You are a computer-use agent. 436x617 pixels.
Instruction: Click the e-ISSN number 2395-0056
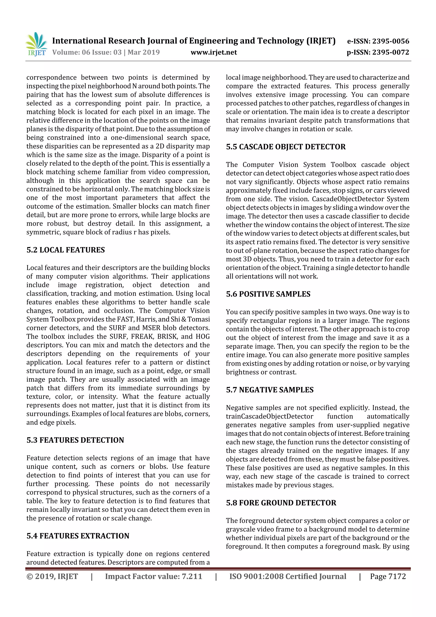(x=390, y=41)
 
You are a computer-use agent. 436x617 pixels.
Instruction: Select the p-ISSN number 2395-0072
(x=390, y=52)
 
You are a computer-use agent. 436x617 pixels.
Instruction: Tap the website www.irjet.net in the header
(x=214, y=52)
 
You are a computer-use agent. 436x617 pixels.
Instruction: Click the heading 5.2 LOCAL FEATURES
(x=66, y=250)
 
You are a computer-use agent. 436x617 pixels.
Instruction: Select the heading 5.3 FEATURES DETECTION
(x=75, y=440)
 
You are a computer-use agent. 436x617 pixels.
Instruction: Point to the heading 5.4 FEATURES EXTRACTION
(x=78, y=536)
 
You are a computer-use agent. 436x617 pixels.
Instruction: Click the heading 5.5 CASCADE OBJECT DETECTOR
(x=285, y=147)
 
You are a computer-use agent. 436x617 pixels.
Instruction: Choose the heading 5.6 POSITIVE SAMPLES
(x=268, y=294)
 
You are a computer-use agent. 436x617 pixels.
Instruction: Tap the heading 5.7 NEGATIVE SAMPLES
(x=270, y=390)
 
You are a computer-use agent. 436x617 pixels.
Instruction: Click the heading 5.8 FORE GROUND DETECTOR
(x=281, y=503)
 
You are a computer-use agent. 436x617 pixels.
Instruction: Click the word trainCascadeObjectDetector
(x=270, y=416)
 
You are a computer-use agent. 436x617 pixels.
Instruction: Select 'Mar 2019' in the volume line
(x=143, y=52)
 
